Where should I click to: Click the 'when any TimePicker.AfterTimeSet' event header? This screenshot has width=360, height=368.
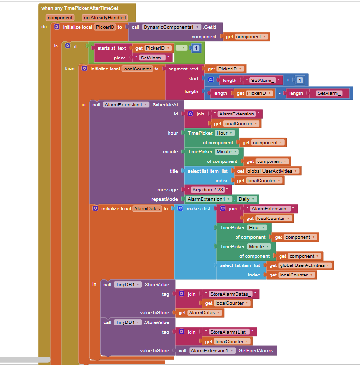pos(79,8)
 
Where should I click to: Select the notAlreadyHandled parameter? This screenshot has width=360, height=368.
pos(104,18)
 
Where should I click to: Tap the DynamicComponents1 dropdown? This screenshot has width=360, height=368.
pos(171,27)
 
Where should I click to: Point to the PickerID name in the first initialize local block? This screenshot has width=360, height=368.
pos(105,27)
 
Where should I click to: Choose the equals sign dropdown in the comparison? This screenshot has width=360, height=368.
pos(181,48)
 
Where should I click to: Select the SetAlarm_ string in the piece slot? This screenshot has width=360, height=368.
pos(152,57)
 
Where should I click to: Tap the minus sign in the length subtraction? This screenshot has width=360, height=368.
pos(279,93)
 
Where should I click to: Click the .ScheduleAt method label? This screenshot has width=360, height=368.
pos(165,104)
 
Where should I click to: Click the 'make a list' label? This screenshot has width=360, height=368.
pos(198,209)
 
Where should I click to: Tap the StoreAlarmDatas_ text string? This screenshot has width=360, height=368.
pos(230,294)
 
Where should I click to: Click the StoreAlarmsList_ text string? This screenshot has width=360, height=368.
pos(229,332)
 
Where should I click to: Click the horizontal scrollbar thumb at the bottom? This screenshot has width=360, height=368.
pos(25,359)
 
